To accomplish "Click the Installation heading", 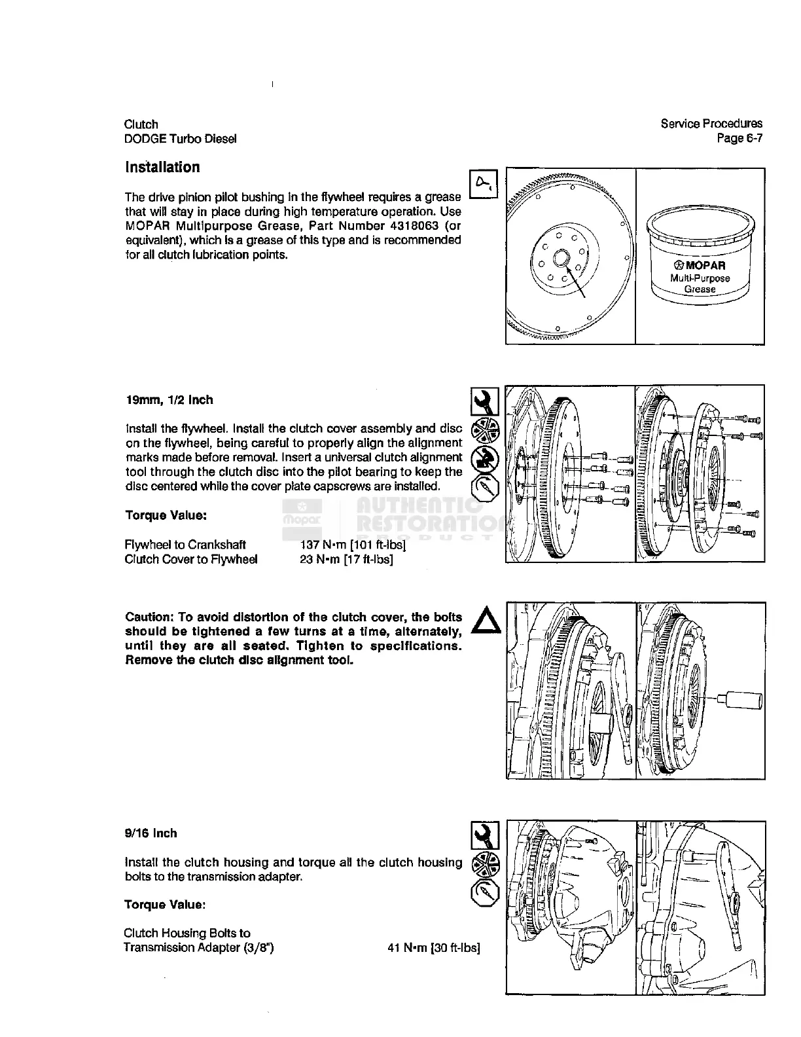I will coord(162,168).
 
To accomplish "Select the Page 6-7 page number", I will coord(739,138).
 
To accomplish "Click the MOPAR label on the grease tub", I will coord(700,266).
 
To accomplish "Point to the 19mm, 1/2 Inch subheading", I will coord(169,400).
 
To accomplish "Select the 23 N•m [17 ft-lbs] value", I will coord(346,559).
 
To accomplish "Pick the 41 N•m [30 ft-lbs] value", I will coord(434,947).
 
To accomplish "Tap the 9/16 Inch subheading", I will coord(151,833).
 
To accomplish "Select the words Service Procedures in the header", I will coord(711,124).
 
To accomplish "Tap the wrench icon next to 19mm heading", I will coord(485,401).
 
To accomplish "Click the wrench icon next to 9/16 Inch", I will coord(485,835).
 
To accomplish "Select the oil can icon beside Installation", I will coord(485,181).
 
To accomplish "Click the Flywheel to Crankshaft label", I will coord(185,545).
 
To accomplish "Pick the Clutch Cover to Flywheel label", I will coord(190,559).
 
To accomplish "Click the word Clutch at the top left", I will coord(141,124).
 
